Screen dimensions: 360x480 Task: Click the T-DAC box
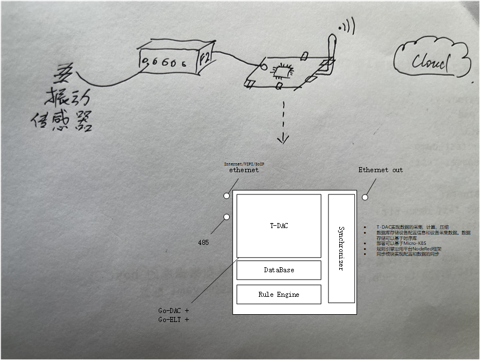pyautogui.click(x=279, y=226)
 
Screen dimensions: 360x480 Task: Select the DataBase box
pyautogui.click(x=279, y=270)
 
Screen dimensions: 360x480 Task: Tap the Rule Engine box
pyautogui.click(x=279, y=295)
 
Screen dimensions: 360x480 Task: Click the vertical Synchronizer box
pyautogui.click(x=341, y=248)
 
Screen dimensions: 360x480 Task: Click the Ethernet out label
pyautogui.click(x=380, y=170)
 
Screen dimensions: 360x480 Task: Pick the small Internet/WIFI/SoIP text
pyautogui.click(x=244, y=164)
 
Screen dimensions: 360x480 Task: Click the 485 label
pyautogui.click(x=204, y=243)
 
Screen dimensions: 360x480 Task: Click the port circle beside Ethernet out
pyautogui.click(x=365, y=197)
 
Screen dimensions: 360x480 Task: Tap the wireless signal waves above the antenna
pyautogui.click(x=347, y=25)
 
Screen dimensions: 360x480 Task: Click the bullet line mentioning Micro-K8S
pyautogui.click(x=402, y=244)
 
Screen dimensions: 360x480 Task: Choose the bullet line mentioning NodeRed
pyautogui.click(x=408, y=249)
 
